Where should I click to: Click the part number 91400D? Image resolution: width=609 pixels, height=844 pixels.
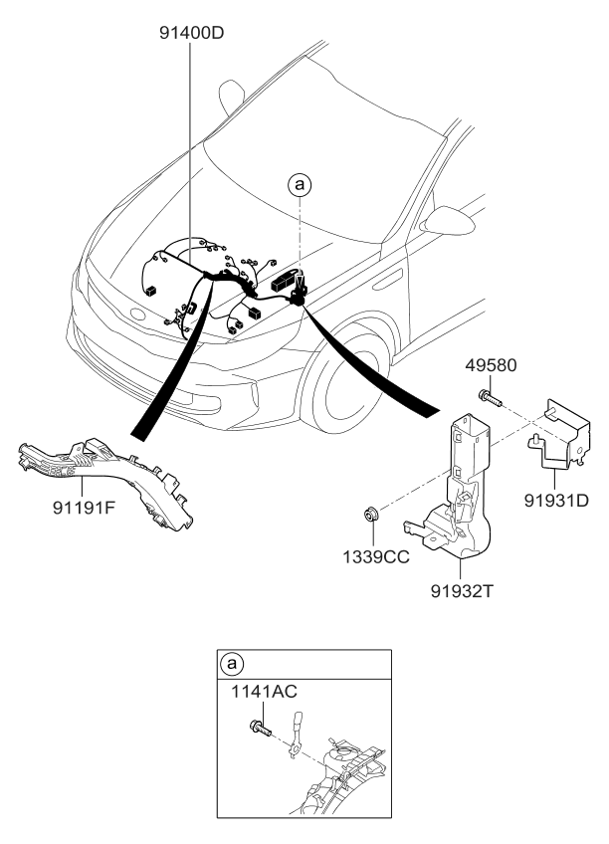(192, 32)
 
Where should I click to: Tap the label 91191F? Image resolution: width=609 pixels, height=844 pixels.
(91, 507)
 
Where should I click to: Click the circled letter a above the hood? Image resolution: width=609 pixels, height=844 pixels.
(300, 183)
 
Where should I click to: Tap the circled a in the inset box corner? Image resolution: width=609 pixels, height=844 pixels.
(232, 663)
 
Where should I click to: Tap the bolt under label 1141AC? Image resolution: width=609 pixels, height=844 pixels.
(262, 729)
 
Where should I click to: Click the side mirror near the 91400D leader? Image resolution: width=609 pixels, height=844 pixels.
(231, 96)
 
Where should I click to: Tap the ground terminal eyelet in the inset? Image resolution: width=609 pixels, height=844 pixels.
(295, 751)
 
